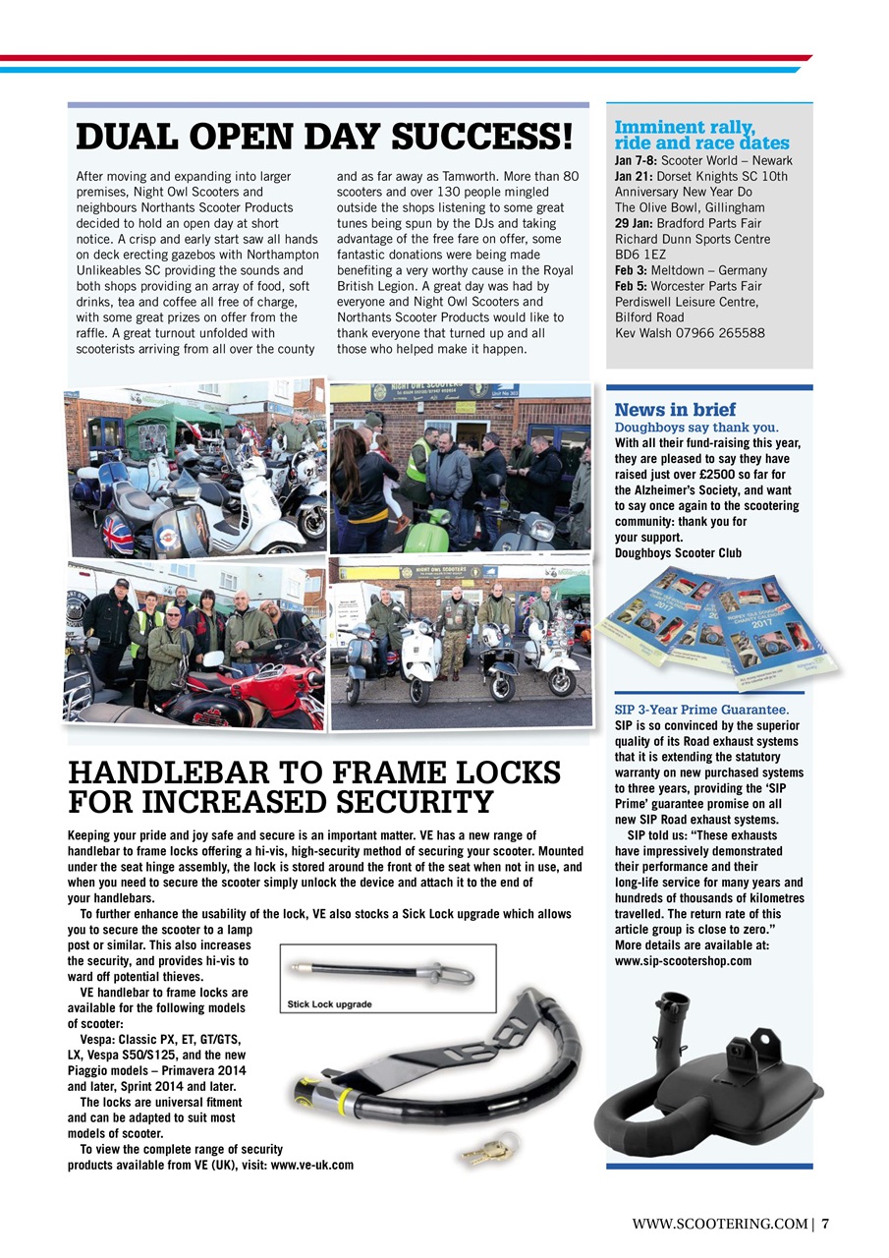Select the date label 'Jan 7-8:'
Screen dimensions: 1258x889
637,161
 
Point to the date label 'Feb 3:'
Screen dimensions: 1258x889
635,270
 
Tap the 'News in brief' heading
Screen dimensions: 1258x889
675,409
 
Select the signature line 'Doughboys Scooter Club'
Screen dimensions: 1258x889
678,552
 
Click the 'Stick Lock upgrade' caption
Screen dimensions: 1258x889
329,1004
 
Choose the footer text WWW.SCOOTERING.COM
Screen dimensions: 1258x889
720,1224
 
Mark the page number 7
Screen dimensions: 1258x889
826,1224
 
